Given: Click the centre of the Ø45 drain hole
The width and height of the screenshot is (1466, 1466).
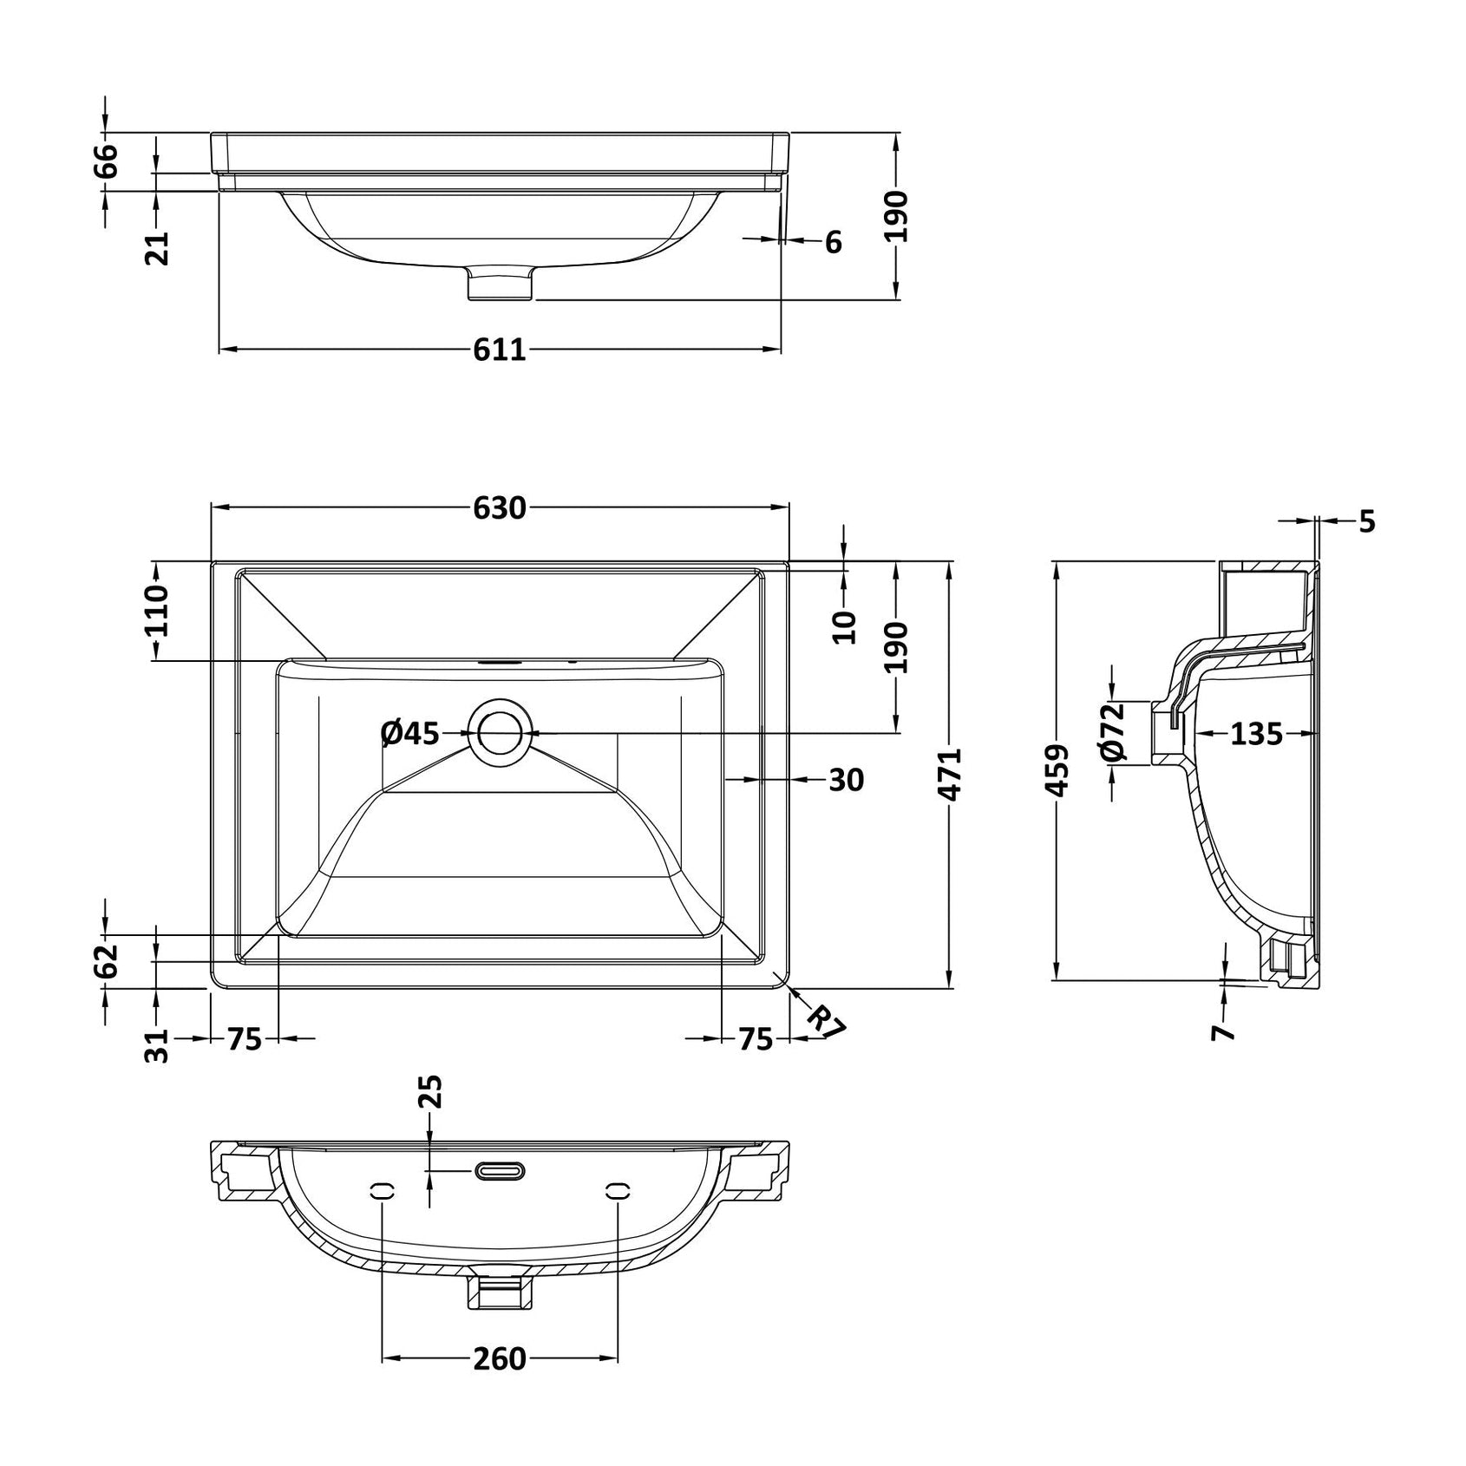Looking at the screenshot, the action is [x=499, y=732].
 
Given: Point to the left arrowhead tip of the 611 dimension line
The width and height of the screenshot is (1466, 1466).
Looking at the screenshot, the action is [x=219, y=349].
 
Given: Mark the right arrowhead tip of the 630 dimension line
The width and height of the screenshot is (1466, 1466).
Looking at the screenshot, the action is [x=789, y=507].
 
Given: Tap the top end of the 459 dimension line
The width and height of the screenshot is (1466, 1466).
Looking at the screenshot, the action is [x=1057, y=562].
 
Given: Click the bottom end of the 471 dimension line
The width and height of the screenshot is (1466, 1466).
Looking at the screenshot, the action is [x=952, y=987].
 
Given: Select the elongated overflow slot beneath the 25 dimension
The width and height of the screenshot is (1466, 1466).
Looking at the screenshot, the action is [x=499, y=1172].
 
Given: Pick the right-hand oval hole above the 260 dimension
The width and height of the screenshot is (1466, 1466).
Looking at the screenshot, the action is [x=618, y=1191].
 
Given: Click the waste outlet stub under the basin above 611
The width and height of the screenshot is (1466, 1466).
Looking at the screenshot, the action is [x=500, y=284].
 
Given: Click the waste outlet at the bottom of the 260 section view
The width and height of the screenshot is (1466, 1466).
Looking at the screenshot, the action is [x=499, y=1286].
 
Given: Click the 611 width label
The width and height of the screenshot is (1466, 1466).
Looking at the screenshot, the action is [x=501, y=350].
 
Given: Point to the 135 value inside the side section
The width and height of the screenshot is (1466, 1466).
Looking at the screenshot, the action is [x=1256, y=734].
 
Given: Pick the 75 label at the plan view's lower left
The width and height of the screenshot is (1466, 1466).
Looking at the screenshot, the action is [x=245, y=1038].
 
